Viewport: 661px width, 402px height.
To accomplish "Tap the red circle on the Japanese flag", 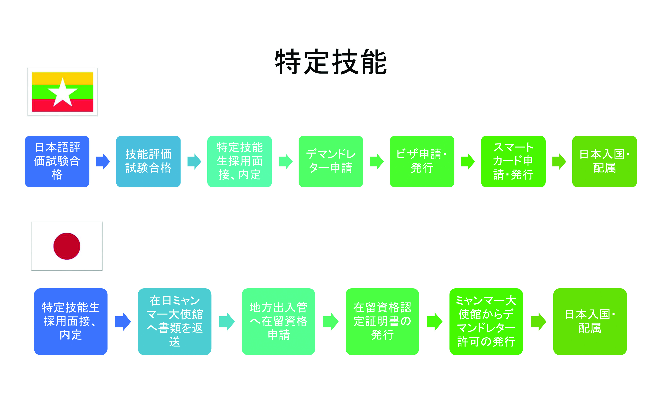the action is (x=67, y=246).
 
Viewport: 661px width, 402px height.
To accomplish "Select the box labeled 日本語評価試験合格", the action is (x=57, y=161).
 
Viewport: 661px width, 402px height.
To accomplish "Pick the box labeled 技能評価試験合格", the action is (x=148, y=161).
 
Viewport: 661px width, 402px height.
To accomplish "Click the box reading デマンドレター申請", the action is (x=331, y=161).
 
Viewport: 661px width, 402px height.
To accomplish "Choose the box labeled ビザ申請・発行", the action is (x=422, y=161).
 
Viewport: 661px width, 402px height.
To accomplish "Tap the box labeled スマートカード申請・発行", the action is (x=513, y=161).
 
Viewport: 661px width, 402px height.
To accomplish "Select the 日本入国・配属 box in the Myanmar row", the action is (x=604, y=161).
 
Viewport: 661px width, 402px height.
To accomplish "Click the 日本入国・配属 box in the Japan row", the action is (x=590, y=322).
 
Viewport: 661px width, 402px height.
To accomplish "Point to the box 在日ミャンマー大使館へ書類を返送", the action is (x=175, y=322).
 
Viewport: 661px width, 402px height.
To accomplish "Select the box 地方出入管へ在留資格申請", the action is (x=278, y=322).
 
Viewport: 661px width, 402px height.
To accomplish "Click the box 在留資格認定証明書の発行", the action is (x=382, y=322).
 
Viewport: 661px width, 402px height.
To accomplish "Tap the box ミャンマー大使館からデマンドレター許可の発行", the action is (x=486, y=322).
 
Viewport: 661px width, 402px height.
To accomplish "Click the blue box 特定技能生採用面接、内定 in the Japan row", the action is (x=71, y=322).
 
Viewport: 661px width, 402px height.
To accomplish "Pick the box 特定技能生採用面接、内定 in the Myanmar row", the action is (x=240, y=161).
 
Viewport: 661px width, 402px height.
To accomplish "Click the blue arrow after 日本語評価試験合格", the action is (x=103, y=161).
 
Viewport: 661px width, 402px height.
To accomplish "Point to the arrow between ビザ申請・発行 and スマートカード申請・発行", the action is (x=468, y=161).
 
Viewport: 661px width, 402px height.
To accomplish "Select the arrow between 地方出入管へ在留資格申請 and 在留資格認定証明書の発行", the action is (x=331, y=322).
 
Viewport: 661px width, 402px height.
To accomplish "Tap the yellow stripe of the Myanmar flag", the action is (x=62, y=79).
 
